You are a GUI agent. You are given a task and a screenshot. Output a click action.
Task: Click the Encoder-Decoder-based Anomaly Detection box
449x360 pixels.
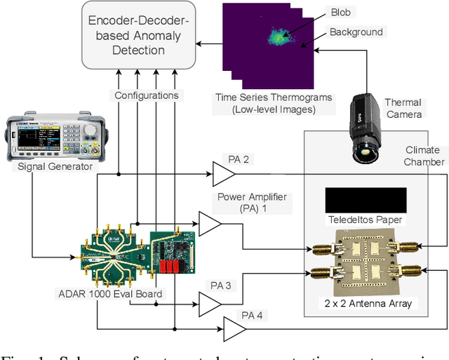coord(138,35)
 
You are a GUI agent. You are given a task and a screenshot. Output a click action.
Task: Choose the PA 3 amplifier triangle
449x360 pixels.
coord(210,304)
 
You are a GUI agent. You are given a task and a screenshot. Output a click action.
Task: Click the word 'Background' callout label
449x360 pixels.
coord(356,32)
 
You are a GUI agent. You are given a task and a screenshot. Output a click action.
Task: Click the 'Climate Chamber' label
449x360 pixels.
coord(424,156)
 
